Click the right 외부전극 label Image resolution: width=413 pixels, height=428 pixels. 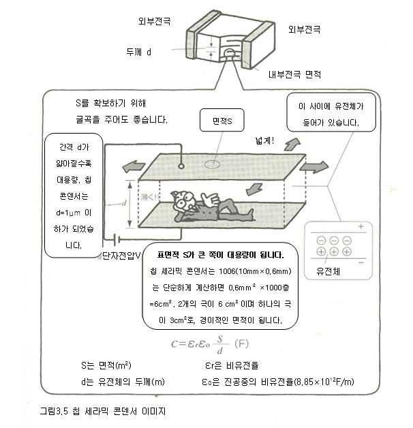[x=304, y=29]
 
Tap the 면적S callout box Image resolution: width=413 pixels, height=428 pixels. [x=223, y=122]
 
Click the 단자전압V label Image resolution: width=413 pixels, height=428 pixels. [x=120, y=255]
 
